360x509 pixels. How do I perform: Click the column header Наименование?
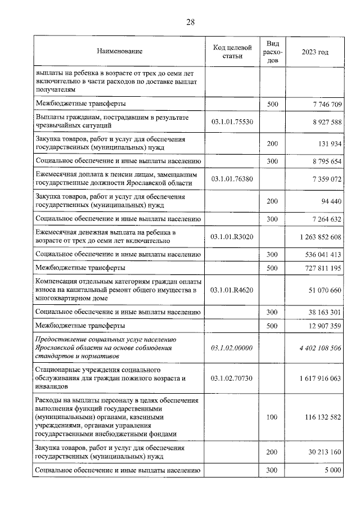pos(119,52)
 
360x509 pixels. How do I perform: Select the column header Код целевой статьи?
pos(232,52)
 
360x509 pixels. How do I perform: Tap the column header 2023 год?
pos(315,52)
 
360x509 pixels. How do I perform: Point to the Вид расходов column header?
pos(272,52)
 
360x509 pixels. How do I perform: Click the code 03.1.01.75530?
pos(232,121)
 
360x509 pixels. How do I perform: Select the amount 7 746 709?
pos(321,104)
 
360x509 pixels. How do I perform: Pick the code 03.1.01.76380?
pos(232,179)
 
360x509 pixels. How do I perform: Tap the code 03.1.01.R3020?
pos(232,237)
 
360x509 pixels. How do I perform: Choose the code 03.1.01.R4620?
pos(232,290)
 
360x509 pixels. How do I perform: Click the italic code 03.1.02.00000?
pos(232,349)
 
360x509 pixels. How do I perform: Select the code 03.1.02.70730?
pos(232,379)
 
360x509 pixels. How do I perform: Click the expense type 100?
pos(272,418)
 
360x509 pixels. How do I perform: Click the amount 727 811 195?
pos(319,268)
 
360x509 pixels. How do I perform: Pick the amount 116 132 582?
pos(319,418)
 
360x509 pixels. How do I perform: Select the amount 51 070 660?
pos(321,290)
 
